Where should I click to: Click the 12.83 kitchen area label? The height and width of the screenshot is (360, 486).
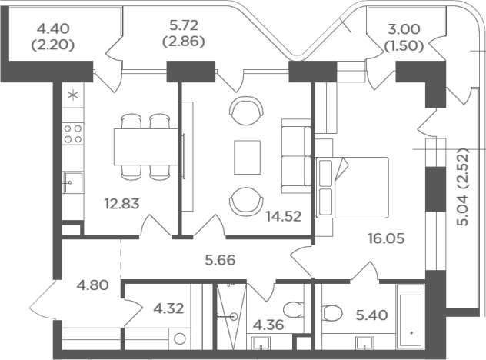click(x=121, y=204)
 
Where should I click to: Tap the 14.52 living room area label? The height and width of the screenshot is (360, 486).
click(x=284, y=216)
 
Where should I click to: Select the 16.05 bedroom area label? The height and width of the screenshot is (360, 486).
click(x=386, y=238)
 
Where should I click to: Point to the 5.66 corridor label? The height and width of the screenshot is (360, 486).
click(x=220, y=260)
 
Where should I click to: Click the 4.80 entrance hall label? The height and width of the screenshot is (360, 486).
click(x=93, y=285)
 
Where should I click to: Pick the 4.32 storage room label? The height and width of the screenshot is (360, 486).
click(x=169, y=308)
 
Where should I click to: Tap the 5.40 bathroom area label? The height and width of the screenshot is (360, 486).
click(x=371, y=315)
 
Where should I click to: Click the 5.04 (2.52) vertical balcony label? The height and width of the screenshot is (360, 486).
click(x=464, y=187)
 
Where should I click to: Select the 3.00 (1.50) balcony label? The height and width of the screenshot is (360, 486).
click(x=404, y=38)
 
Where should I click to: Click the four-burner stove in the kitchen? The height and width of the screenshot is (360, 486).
click(x=73, y=134)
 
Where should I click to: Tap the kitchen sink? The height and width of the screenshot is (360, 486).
click(x=73, y=182)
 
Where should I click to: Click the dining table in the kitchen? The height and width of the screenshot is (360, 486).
click(x=145, y=147)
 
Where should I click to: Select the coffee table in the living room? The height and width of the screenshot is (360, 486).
click(x=247, y=157)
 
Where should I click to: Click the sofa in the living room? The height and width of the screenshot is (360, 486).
click(x=296, y=156)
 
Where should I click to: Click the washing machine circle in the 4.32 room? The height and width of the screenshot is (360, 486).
click(x=179, y=339)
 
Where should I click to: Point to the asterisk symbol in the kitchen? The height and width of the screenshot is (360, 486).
click(x=73, y=95)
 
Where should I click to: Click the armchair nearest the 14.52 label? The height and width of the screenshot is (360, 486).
click(x=246, y=202)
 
